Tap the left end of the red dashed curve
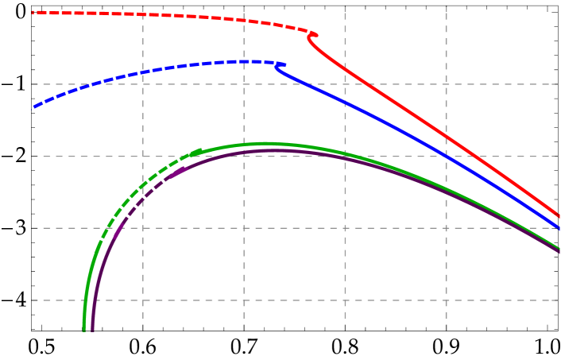(x=33, y=12)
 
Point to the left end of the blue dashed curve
(x=33, y=107)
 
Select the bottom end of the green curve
(x=84, y=328)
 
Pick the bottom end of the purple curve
(x=93, y=328)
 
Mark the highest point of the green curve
(x=266, y=144)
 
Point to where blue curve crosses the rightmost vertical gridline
(x=446, y=156)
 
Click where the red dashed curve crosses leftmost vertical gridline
(x=143, y=14)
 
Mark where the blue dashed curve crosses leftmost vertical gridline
(x=143, y=72)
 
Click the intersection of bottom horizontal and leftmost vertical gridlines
(x=143, y=300)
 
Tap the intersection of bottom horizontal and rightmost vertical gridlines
(x=446, y=300)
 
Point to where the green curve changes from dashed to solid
(x=200, y=151)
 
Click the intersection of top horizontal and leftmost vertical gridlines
(x=143, y=83)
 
